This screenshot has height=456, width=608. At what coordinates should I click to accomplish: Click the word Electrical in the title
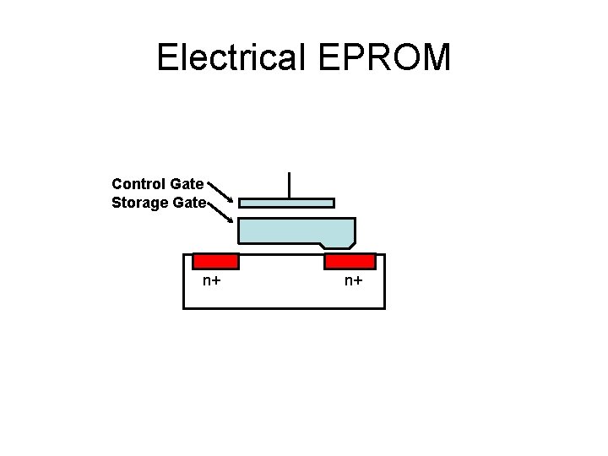232,57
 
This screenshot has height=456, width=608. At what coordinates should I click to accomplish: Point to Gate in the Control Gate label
187,183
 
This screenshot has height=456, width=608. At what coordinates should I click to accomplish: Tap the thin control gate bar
286,203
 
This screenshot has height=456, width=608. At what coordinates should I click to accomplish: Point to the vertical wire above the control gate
289,185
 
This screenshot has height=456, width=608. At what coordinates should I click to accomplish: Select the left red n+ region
215,261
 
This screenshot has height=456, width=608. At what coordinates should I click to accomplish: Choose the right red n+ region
350,261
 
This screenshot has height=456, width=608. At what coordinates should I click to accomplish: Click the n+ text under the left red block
211,280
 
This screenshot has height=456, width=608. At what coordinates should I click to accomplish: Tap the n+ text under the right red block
353,280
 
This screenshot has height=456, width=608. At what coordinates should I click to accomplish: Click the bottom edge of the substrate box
284,308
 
